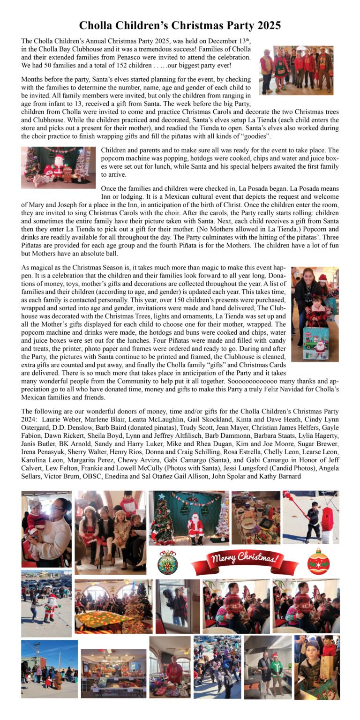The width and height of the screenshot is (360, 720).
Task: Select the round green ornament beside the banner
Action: coord(167,562)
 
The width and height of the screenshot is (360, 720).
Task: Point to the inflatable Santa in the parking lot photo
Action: coord(50,608)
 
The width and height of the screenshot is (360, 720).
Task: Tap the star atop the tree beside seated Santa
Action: coord(161,496)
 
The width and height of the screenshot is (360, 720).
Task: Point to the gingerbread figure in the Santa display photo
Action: coord(67,173)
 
